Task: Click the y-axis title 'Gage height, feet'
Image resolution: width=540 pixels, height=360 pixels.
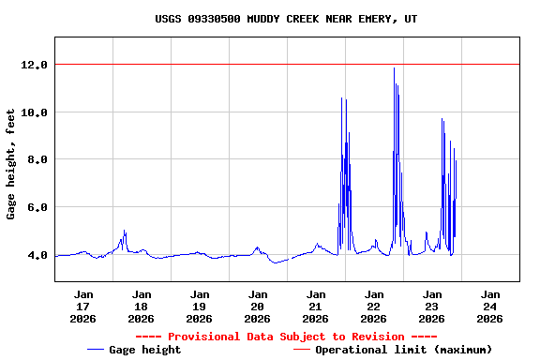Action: [11, 164]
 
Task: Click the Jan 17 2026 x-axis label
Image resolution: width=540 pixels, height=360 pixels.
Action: [83, 306]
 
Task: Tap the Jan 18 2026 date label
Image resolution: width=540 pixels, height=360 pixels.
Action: [142, 306]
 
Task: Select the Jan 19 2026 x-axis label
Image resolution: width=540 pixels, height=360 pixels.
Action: [200, 306]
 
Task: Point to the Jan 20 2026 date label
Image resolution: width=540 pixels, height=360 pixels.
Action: [258, 306]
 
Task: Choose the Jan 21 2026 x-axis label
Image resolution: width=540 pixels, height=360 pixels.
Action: [316, 306]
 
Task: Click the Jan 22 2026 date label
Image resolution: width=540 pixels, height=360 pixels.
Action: [374, 306]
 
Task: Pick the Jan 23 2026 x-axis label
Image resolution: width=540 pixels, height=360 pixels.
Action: [432, 306]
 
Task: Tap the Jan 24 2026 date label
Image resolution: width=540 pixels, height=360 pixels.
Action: [490, 306]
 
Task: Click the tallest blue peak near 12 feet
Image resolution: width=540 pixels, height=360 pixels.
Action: [394, 68]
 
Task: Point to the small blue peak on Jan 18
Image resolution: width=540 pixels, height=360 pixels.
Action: [124, 232]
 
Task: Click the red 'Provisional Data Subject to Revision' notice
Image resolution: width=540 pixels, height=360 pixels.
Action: [286, 337]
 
